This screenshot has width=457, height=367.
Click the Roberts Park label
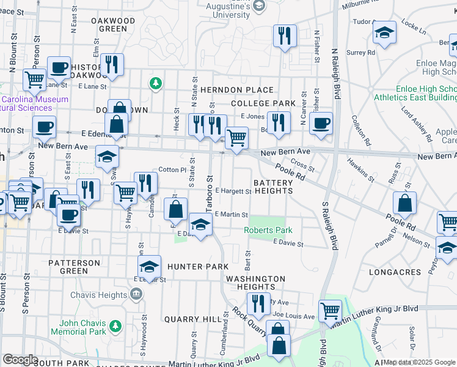[268, 230]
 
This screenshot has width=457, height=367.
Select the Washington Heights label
[255, 283]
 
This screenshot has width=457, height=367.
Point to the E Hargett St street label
[232, 191]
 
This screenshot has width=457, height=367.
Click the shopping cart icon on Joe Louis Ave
[330, 310]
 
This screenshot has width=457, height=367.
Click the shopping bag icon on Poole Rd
[404, 202]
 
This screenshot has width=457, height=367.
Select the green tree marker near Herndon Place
[156, 83]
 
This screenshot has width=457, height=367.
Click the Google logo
[20, 360]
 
